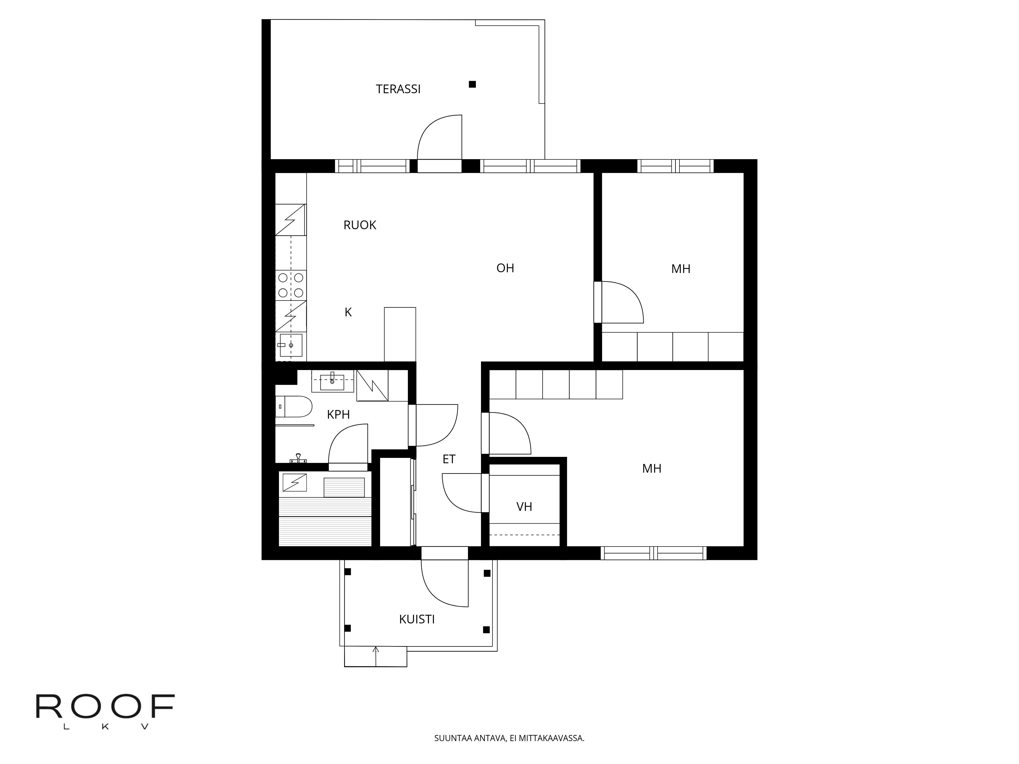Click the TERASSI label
(x=398, y=89)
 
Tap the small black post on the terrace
(x=472, y=84)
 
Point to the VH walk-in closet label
(x=524, y=507)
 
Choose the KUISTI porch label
(x=417, y=619)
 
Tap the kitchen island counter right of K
(x=400, y=334)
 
